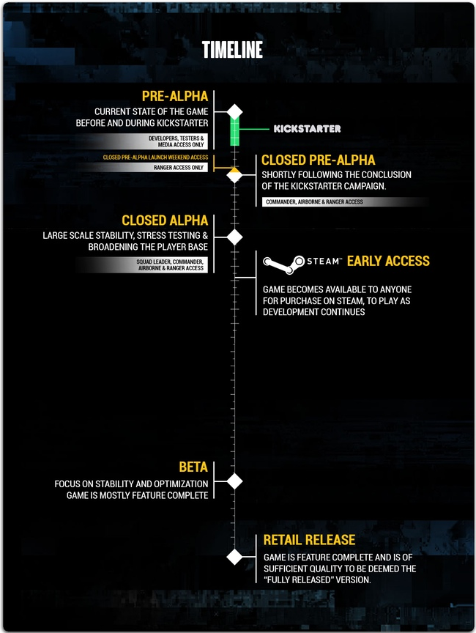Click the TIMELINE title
point(232,50)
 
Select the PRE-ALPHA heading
point(175,96)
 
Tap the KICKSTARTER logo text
point(308,129)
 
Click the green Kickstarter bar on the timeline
point(235,131)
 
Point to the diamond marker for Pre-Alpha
point(235,112)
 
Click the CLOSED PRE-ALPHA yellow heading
point(319,160)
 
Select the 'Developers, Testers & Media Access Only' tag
point(176,141)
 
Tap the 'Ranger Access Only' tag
point(179,168)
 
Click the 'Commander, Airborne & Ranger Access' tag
point(314,202)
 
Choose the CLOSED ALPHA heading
point(165,221)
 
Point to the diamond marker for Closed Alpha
point(235,237)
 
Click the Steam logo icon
point(283,264)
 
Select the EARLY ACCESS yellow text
point(388,262)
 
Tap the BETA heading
point(193,467)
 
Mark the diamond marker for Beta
point(235,481)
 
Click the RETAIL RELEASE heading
point(309,540)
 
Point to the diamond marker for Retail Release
point(235,557)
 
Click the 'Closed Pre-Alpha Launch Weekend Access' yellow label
point(156,158)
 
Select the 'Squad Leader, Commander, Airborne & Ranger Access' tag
point(170,264)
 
